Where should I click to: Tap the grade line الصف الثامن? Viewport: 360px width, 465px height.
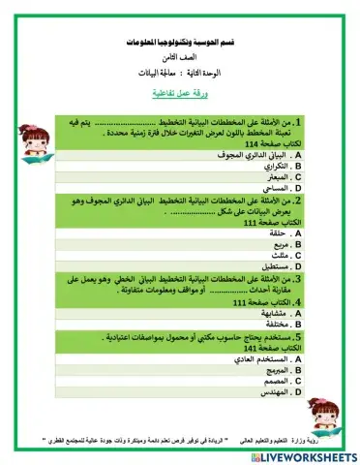(x=181, y=60)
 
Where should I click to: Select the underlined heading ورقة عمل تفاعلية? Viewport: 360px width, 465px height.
(x=181, y=94)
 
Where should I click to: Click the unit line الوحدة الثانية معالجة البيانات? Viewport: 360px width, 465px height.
(x=181, y=76)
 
